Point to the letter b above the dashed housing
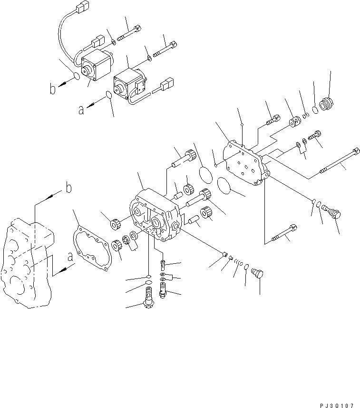(68, 188)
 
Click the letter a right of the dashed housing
(70, 257)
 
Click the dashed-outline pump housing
(26, 262)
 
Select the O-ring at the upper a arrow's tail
(108, 95)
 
